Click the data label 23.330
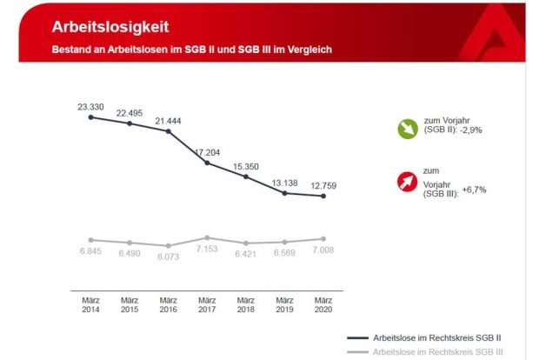[90, 107]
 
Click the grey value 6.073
[169, 258]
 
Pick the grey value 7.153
[207, 250]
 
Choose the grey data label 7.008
[323, 250]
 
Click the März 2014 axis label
[90, 303]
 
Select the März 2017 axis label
[207, 303]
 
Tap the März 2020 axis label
[323, 303]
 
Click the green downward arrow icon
[407, 129]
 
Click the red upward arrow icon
[407, 183]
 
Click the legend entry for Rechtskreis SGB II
[440, 337]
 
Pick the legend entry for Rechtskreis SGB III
[442, 351]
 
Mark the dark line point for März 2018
[246, 177]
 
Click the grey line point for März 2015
[130, 243]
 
